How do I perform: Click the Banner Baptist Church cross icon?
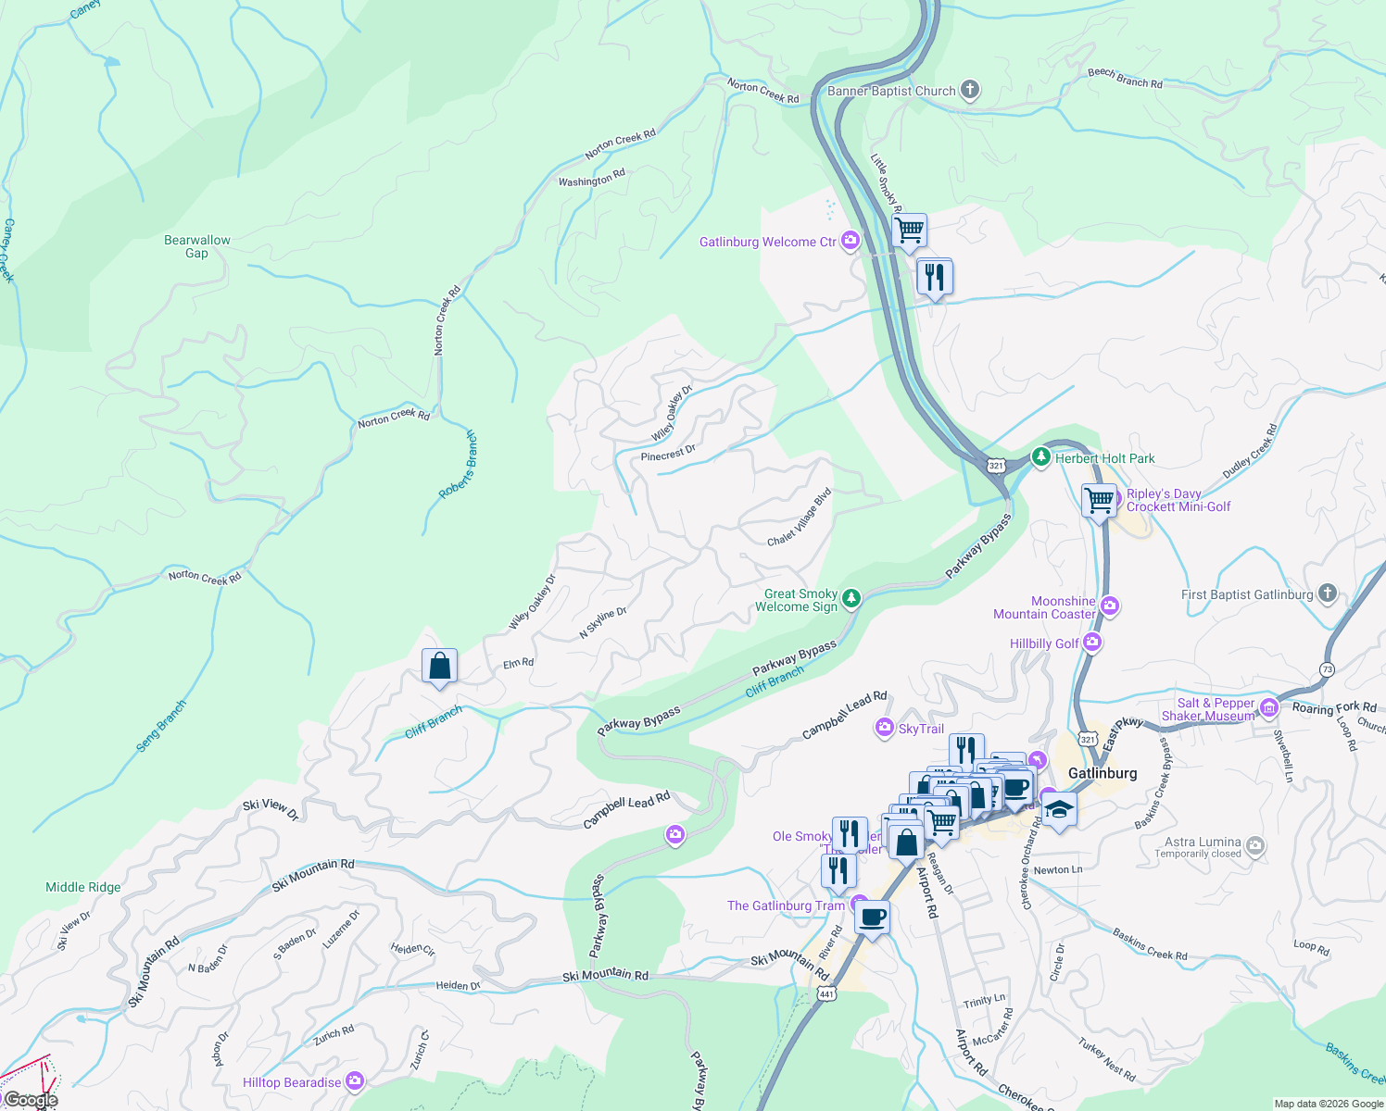point(969,90)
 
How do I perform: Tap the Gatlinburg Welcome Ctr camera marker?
point(850,242)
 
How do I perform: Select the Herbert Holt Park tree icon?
point(1041,457)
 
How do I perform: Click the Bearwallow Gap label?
point(196,246)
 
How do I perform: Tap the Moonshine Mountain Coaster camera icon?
point(1110,606)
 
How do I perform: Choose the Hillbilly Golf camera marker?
point(1092,643)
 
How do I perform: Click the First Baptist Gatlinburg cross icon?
point(1327,593)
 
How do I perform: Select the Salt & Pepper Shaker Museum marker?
point(1268,709)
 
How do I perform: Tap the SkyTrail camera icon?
point(884,728)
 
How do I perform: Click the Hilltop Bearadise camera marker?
point(354,1081)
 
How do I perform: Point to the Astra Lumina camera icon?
point(1254,846)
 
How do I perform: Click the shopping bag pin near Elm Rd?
point(439,667)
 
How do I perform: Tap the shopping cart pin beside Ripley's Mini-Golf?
point(1099,501)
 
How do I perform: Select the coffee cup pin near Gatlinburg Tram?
point(872,918)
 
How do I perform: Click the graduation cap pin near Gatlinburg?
point(1059,810)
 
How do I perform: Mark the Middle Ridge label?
point(83,887)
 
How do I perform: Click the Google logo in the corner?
point(30,1100)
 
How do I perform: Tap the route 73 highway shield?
point(1328,668)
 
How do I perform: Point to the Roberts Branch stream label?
point(458,465)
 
